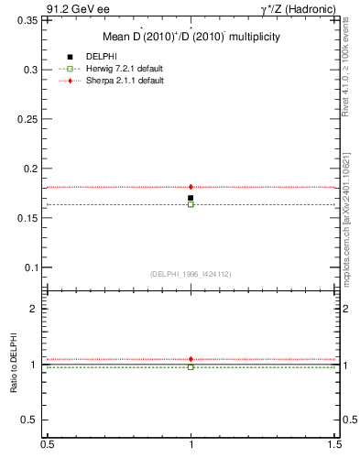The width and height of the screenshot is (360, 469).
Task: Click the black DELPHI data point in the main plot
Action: [x=191, y=198]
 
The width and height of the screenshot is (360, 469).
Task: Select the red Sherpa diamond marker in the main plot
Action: [x=191, y=187]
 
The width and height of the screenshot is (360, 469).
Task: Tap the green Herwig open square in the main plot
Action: [x=191, y=204]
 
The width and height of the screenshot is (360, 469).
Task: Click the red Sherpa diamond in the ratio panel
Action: [x=191, y=359]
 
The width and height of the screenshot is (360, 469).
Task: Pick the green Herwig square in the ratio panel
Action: [x=191, y=366]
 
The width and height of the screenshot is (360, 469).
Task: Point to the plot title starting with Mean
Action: [x=191, y=38]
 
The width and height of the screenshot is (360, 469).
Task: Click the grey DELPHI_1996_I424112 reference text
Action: [x=191, y=274]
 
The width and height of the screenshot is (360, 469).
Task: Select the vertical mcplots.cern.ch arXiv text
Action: [x=349, y=220]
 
